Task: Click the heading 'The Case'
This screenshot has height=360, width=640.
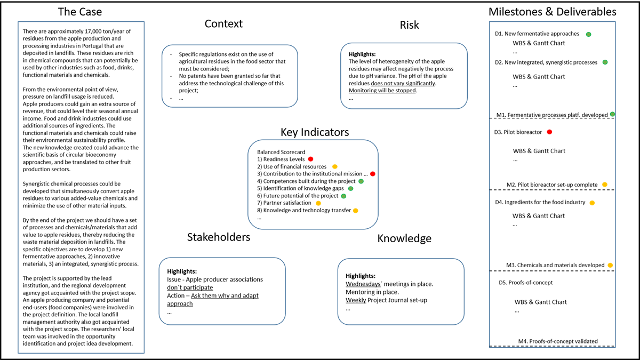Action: click(x=79, y=11)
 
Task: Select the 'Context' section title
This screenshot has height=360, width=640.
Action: click(x=223, y=23)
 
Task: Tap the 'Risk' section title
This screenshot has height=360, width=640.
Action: click(x=410, y=25)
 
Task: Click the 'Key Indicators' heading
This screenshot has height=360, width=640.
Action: click(x=315, y=132)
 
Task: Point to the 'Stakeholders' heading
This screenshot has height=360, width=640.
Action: click(x=218, y=237)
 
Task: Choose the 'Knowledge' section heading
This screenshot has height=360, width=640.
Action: click(x=404, y=238)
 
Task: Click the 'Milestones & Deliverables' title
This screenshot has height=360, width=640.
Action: click(x=553, y=11)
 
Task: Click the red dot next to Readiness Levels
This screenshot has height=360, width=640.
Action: click(x=310, y=159)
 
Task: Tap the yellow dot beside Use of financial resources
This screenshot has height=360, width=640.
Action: click(x=335, y=166)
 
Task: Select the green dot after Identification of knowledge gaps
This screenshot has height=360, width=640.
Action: click(x=350, y=188)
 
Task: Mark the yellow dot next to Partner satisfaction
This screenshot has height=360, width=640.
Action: click(x=318, y=203)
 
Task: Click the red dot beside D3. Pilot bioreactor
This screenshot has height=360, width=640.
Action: click(x=549, y=132)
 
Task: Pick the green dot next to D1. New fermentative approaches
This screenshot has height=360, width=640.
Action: click(x=589, y=34)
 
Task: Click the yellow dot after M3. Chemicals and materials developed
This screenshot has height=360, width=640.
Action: click(x=610, y=265)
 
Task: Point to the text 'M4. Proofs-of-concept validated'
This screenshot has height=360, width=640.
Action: click(x=557, y=341)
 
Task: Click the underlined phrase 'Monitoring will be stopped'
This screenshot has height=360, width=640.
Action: click(x=379, y=91)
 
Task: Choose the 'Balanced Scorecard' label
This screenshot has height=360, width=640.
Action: click(x=281, y=152)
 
